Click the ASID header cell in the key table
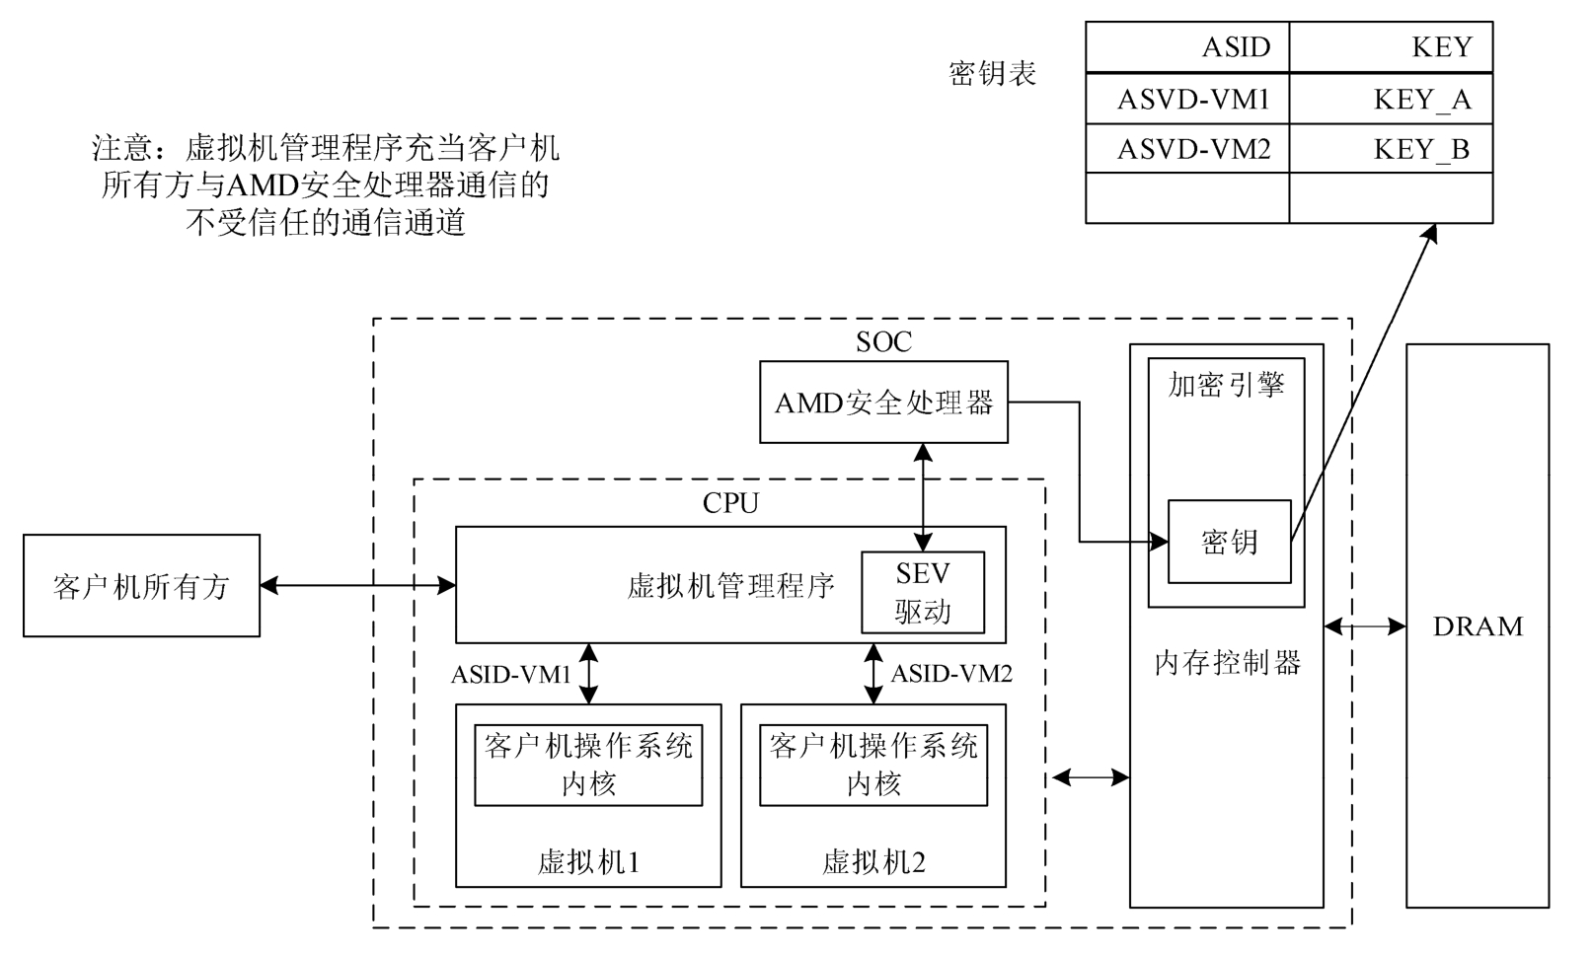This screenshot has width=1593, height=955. (x=1187, y=47)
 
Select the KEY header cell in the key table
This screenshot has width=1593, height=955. (x=1391, y=47)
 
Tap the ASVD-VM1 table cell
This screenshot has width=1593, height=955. (x=1187, y=99)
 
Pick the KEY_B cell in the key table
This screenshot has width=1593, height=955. (x=1391, y=149)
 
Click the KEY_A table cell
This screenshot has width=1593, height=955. (x=1391, y=99)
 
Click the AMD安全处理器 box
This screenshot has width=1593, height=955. (x=883, y=403)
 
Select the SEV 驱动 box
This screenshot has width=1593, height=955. (x=923, y=592)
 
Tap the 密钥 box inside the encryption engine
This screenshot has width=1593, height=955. (x=1229, y=542)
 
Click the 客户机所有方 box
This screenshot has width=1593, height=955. (x=141, y=586)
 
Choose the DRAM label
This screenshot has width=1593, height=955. (x=1478, y=626)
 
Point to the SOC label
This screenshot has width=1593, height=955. (x=883, y=342)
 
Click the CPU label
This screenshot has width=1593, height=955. (x=730, y=503)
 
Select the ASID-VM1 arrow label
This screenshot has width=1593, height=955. (x=511, y=675)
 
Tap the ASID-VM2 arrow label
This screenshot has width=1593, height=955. (x=951, y=675)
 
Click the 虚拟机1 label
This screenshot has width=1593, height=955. (x=588, y=863)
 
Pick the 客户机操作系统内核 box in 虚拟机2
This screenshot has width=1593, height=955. (x=873, y=765)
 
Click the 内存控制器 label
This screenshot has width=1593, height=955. (x=1227, y=663)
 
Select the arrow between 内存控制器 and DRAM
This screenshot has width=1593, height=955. (x=1365, y=626)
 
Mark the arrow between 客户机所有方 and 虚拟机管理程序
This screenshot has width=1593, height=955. (x=357, y=586)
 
